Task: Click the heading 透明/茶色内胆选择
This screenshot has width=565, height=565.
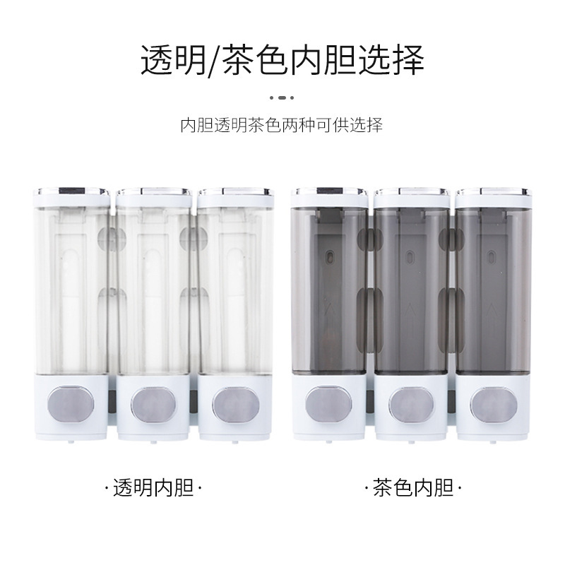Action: [x=282, y=60]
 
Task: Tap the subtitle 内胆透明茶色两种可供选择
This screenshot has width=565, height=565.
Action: [x=281, y=125]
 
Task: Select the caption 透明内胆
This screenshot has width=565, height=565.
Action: [x=153, y=488]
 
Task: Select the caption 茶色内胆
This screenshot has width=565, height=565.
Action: [x=412, y=488]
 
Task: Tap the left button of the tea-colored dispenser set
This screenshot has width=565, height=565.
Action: [x=328, y=404]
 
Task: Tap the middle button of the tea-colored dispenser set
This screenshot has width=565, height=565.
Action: [x=411, y=404]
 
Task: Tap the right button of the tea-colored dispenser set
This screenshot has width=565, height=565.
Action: [x=494, y=404]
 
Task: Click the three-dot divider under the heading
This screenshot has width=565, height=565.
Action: [x=282, y=97]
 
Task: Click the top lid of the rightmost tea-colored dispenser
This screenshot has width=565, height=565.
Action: [x=494, y=197]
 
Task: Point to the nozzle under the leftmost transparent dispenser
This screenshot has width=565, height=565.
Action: [x=71, y=441]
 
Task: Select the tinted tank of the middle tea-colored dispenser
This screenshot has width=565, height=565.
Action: [x=412, y=291]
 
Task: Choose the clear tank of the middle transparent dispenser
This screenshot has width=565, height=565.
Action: [x=153, y=291]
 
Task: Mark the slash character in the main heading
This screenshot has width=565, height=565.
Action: [x=213, y=61]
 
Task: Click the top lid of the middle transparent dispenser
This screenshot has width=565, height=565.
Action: [x=153, y=197]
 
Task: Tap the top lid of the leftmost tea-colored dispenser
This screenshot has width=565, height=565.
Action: [x=329, y=197]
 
